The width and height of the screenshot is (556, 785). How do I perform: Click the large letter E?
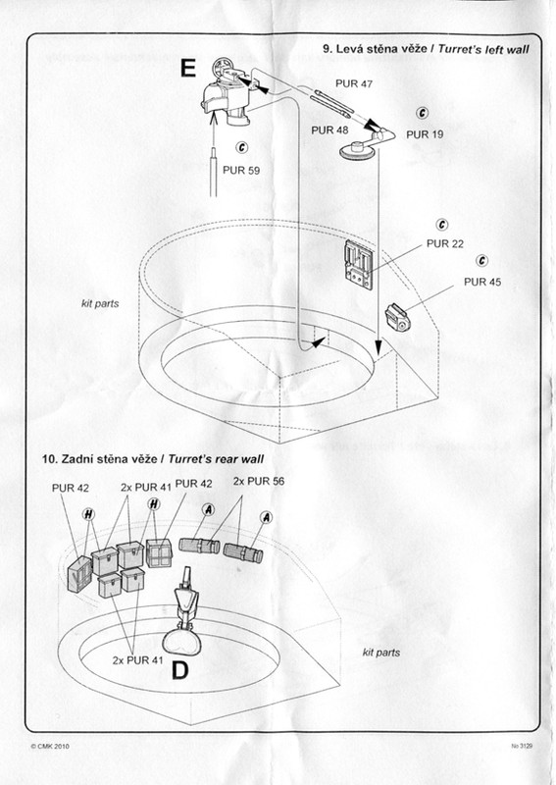click(187, 68)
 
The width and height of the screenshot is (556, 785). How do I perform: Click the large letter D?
click(180, 671)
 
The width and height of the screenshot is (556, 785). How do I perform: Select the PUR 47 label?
click(354, 83)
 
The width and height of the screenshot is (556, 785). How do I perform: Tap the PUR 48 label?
click(329, 131)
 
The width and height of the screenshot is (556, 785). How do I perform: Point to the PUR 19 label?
click(425, 134)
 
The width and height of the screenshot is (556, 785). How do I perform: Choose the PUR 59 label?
click(241, 170)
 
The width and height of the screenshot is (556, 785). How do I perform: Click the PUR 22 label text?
click(445, 243)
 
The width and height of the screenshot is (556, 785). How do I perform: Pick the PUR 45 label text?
click(482, 282)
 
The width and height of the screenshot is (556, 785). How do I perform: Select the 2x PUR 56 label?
click(259, 481)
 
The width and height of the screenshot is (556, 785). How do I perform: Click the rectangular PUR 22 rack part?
click(359, 264)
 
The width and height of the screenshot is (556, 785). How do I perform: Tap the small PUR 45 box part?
click(398, 318)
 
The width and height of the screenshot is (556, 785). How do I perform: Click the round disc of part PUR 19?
click(357, 150)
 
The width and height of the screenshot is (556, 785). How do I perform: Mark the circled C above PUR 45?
click(481, 261)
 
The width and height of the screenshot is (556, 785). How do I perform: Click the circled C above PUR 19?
click(423, 113)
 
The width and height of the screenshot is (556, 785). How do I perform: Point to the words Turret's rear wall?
click(216, 459)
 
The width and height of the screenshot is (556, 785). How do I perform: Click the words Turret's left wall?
click(483, 49)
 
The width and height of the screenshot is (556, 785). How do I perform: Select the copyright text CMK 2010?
click(50, 746)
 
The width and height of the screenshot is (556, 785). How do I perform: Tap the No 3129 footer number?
click(522, 746)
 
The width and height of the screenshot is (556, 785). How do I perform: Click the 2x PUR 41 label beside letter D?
click(137, 660)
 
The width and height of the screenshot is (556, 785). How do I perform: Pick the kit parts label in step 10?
click(381, 653)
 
